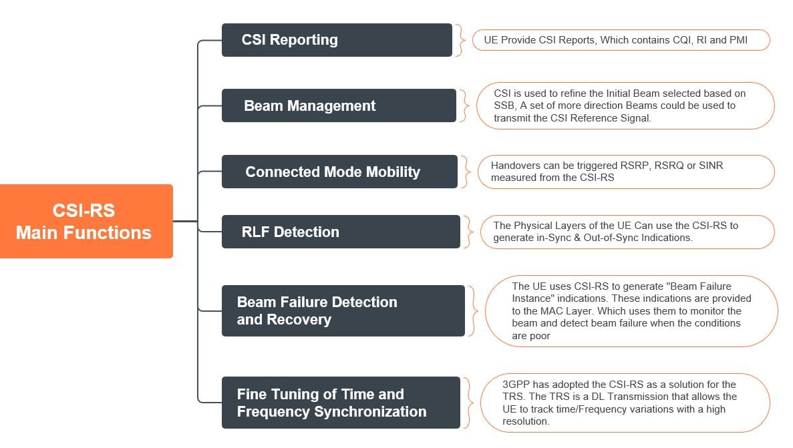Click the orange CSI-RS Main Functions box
click(86, 221)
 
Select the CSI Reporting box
click(337, 40)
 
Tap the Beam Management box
click(339, 105)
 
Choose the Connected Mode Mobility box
click(339, 172)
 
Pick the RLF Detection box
click(341, 232)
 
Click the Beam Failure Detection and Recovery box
click(343, 310)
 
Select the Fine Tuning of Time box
click(341, 403)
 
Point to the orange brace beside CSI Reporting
click(460, 40)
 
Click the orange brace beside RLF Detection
click(468, 232)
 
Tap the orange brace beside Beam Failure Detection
click(472, 310)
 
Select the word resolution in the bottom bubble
click(526, 421)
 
